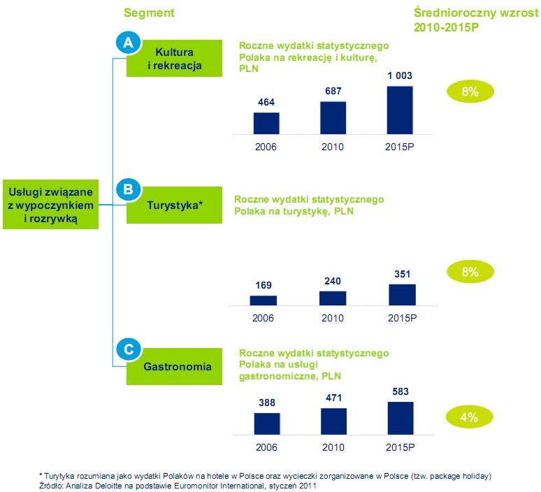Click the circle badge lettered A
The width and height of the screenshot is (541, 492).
[x=127, y=43]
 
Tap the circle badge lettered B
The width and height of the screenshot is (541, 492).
[x=127, y=189]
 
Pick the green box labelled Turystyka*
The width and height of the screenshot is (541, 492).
[x=174, y=205]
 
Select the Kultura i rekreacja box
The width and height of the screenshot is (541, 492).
[x=174, y=59]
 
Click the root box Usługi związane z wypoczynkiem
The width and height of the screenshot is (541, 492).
[x=50, y=205]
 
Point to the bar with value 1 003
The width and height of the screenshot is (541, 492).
[x=400, y=110]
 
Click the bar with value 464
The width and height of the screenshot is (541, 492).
[x=266, y=123]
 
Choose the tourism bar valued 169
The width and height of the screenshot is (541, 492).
[x=264, y=301]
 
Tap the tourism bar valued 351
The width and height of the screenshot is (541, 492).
[x=401, y=295]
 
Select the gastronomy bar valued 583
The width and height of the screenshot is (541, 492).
[x=400, y=418]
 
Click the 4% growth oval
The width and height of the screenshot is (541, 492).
[x=469, y=417]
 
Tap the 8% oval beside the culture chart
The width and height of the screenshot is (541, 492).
[x=469, y=91]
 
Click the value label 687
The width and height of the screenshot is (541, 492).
[x=333, y=91]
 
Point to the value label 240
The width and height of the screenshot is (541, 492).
[x=332, y=280]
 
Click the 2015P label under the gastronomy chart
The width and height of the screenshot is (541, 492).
[x=401, y=447]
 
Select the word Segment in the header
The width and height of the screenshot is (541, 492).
[x=149, y=13]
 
